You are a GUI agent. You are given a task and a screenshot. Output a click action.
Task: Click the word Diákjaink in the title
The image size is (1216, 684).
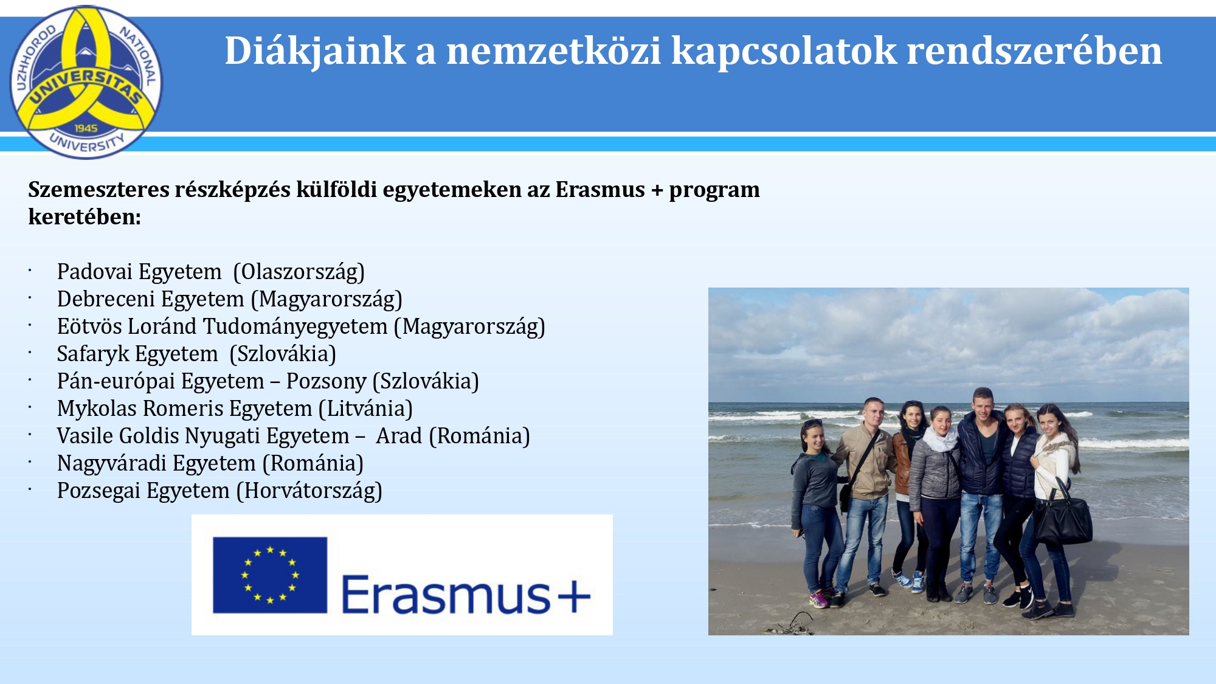(x=316, y=51)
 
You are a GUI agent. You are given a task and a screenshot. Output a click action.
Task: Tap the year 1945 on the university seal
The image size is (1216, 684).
(x=86, y=128)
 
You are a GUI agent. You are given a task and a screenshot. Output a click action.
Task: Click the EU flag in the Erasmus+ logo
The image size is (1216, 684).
(x=270, y=575)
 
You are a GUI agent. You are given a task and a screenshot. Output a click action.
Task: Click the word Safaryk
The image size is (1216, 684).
(x=92, y=354)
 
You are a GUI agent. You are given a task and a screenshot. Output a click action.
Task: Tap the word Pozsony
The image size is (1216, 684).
(x=326, y=382)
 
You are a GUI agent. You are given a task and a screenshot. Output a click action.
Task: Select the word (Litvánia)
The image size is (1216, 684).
(x=365, y=409)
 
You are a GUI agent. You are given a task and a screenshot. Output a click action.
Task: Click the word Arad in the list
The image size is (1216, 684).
(x=399, y=436)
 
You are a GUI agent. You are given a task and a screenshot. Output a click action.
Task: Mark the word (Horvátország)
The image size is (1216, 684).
(x=309, y=491)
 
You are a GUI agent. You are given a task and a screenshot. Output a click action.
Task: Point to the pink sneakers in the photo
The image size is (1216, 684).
(x=818, y=599)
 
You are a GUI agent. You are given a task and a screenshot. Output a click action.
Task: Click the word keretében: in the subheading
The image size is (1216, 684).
(x=85, y=217)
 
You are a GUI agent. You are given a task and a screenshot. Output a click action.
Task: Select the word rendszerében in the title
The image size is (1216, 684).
(x=1034, y=51)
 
